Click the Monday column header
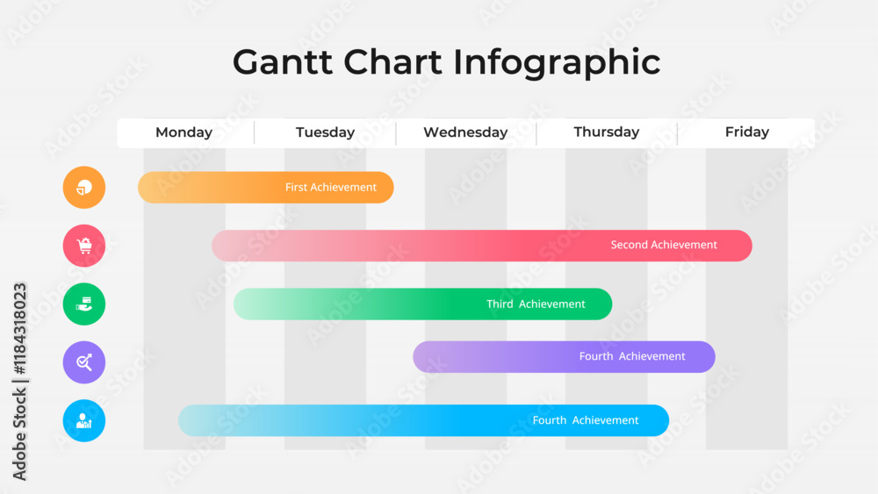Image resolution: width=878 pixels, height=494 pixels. [x=184, y=132]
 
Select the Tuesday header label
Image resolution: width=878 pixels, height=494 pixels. [x=326, y=132]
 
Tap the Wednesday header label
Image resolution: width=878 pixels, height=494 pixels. [x=465, y=132]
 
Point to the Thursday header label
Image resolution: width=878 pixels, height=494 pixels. [x=607, y=132]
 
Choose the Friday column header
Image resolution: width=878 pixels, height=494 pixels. [x=747, y=132]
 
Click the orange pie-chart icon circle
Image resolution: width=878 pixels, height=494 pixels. [x=84, y=188]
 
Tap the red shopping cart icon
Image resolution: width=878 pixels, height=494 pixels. [x=84, y=246]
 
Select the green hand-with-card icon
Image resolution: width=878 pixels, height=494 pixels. [x=84, y=304]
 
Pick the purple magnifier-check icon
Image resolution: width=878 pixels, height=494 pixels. [x=84, y=362]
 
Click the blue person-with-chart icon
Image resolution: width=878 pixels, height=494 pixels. [x=84, y=420]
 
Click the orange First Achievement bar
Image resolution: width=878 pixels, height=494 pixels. [x=266, y=188]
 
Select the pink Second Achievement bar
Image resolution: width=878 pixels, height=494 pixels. [x=482, y=246]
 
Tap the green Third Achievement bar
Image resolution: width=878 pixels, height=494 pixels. [x=423, y=304]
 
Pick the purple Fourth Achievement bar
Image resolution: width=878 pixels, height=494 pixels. [x=564, y=357]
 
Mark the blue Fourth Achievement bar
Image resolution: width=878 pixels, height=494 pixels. [x=423, y=420]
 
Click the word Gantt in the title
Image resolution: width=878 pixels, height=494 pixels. [x=283, y=61]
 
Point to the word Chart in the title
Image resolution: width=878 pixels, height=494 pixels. [x=392, y=61]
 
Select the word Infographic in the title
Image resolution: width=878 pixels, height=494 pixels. [x=557, y=62]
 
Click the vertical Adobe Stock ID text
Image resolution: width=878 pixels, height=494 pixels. [x=19, y=382]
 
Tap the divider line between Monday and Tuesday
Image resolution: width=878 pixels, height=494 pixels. [x=255, y=133]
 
